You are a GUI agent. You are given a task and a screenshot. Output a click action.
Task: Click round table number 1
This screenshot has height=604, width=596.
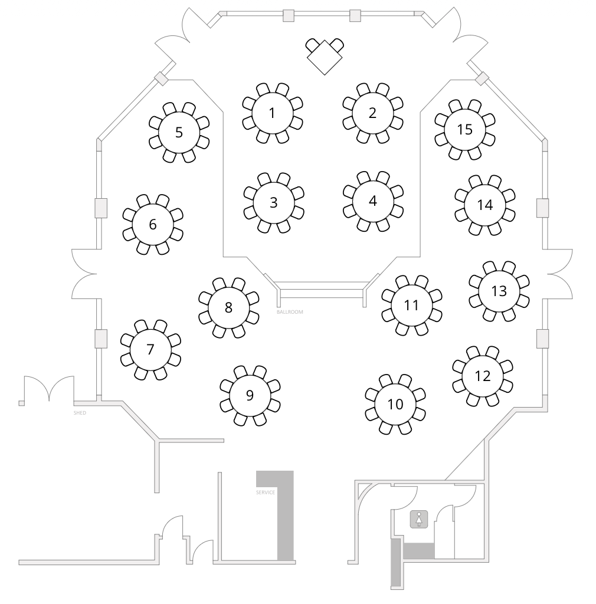(x=273, y=113)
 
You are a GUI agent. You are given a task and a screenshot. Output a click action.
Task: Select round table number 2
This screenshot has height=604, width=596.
(x=372, y=113)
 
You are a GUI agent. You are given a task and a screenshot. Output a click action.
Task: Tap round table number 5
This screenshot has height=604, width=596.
(x=179, y=133)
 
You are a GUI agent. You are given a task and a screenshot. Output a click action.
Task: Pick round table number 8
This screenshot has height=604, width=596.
(x=228, y=308)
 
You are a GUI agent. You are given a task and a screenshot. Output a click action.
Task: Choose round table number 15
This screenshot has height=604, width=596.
(x=464, y=129)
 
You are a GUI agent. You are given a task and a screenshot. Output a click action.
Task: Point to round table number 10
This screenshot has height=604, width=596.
(x=395, y=405)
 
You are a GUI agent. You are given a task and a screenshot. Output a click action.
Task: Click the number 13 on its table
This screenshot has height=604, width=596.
(x=499, y=291)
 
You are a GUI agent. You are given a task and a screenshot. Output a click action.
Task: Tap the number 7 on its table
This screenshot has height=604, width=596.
(x=150, y=349)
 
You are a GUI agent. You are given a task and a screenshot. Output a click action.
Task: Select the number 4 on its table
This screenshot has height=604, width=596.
(x=372, y=201)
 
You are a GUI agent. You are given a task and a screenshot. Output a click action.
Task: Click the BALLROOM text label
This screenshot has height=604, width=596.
(x=290, y=312)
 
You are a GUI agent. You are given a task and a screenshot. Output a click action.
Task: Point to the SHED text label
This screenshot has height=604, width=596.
(x=80, y=413)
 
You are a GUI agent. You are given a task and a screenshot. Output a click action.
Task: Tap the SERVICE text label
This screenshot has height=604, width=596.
(x=266, y=493)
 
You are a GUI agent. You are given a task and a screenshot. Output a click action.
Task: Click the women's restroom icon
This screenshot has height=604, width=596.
(x=419, y=519)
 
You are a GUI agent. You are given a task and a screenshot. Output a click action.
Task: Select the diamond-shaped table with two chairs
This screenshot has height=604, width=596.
(x=325, y=56)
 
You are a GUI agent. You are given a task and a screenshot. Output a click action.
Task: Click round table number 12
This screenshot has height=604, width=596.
(x=482, y=376)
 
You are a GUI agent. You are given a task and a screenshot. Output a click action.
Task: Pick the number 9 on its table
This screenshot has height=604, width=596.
(x=250, y=395)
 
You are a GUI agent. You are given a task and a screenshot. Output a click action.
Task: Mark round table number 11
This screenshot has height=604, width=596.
(x=411, y=306)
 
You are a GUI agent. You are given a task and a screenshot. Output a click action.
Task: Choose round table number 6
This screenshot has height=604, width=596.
(x=153, y=225)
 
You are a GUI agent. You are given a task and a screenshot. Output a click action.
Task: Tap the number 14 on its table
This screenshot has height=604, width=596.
(x=484, y=205)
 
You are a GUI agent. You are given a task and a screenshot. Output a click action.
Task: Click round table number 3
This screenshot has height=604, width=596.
(x=274, y=203)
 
